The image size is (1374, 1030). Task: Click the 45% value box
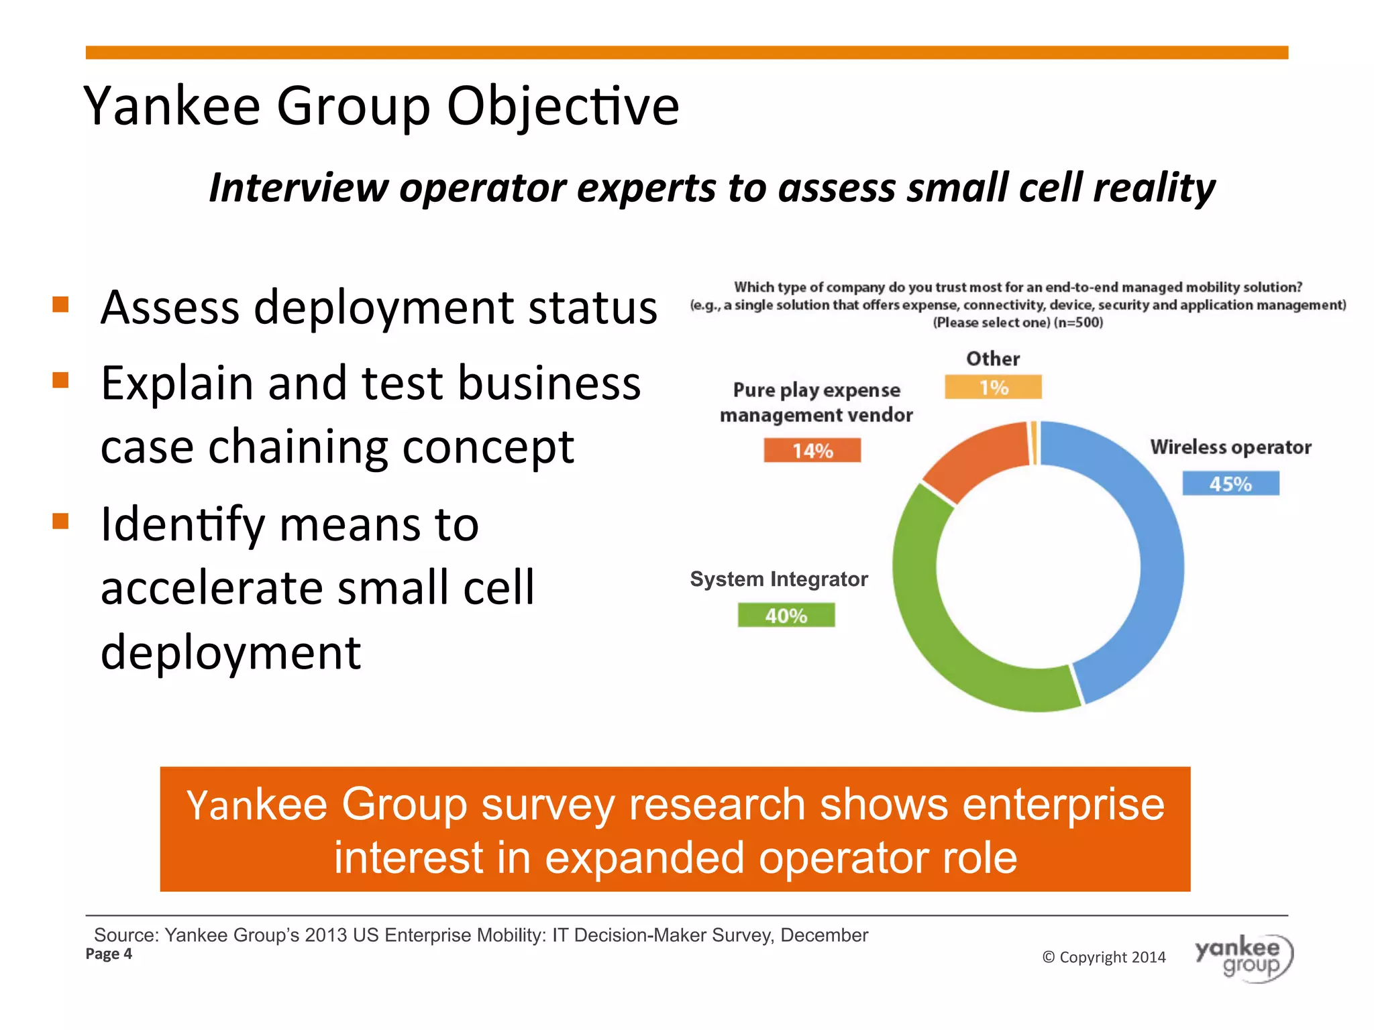pos(1230,483)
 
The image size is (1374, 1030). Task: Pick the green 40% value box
pos(786,615)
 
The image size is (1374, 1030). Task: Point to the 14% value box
pos(812,451)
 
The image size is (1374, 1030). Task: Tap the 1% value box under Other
pos(993,388)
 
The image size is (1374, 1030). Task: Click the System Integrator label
pos(778,579)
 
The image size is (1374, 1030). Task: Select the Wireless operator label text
pos(1230,447)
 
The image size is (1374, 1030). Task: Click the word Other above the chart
pos(993,359)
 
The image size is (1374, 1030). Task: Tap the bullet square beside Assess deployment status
pos(60,305)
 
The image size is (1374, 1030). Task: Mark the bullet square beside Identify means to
pos(60,521)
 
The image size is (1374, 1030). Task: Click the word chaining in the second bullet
pos(299,447)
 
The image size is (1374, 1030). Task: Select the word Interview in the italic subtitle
pos(299,187)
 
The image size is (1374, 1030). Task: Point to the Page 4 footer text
pos(109,954)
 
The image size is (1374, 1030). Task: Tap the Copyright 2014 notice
pos(1104,957)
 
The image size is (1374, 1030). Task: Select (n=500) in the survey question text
pos(1078,323)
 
